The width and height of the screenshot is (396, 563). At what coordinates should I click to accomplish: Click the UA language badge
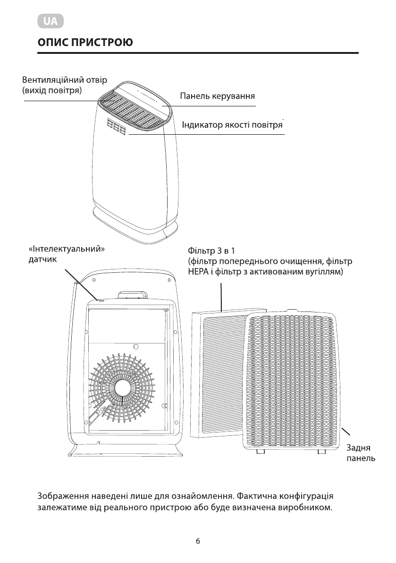click(50, 22)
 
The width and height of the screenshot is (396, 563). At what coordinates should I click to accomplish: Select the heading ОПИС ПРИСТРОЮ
click(85, 43)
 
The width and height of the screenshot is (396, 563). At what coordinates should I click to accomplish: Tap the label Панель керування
click(218, 96)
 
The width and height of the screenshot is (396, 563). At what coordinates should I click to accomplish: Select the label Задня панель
click(361, 453)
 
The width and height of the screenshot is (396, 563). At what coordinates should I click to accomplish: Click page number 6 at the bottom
click(198, 541)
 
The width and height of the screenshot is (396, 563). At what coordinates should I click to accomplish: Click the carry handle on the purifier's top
click(133, 295)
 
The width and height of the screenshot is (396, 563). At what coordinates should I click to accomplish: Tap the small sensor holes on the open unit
click(101, 300)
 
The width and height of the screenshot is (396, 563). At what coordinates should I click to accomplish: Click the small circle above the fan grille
click(136, 346)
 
